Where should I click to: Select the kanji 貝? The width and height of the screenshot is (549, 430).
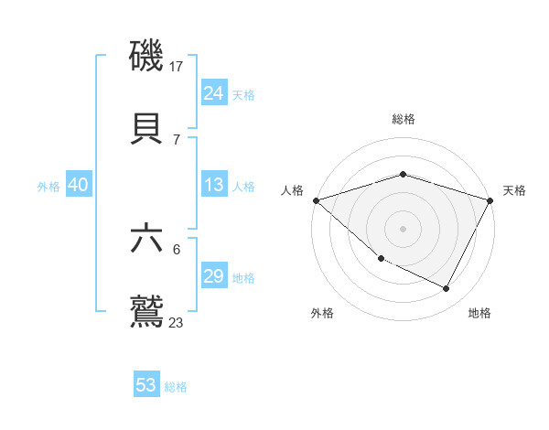coord(147,128)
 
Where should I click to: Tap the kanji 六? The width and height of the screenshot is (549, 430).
coord(147,239)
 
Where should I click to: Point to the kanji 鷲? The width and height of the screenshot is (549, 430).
coord(147,311)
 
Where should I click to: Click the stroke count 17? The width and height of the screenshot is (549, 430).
coord(177,67)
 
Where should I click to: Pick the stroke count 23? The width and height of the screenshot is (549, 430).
coord(177,322)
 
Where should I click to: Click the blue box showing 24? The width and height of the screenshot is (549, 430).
coord(214,92)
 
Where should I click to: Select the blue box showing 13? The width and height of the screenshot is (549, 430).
coord(214,185)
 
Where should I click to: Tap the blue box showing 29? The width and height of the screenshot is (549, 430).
coord(214,276)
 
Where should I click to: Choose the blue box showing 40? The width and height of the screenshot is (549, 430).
coord(78,185)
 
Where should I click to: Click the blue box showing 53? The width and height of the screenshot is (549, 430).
coord(146,385)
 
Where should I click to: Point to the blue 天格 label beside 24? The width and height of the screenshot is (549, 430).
coord(243,94)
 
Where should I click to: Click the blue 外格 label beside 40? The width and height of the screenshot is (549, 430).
coord(48,187)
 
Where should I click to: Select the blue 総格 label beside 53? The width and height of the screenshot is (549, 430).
coord(176,387)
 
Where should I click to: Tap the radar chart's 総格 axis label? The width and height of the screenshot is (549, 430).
coord(403,119)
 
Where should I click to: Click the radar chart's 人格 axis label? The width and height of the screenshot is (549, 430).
coord(292,189)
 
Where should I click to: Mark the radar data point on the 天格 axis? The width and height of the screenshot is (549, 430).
coord(490,200)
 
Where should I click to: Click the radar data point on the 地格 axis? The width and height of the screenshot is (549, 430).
coord(447,288)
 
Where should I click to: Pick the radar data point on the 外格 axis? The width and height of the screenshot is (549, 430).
coord(381,259)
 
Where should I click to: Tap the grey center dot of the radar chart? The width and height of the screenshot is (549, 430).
coord(403,228)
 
